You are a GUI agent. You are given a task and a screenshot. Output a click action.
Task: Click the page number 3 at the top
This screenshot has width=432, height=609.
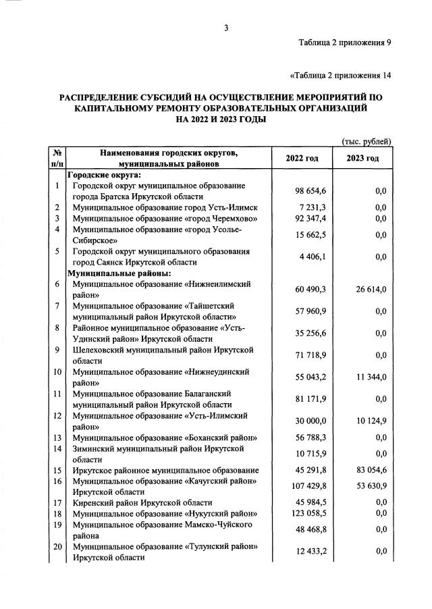tap(227, 28)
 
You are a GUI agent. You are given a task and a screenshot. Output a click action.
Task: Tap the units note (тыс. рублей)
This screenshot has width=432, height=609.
tap(367, 141)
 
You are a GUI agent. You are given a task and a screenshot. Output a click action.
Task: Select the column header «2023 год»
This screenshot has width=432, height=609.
tap(362, 158)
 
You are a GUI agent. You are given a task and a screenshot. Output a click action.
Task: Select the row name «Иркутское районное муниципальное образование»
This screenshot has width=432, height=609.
tap(165, 471)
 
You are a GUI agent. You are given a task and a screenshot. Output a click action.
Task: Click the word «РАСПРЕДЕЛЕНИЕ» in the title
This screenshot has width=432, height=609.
tap(109, 97)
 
